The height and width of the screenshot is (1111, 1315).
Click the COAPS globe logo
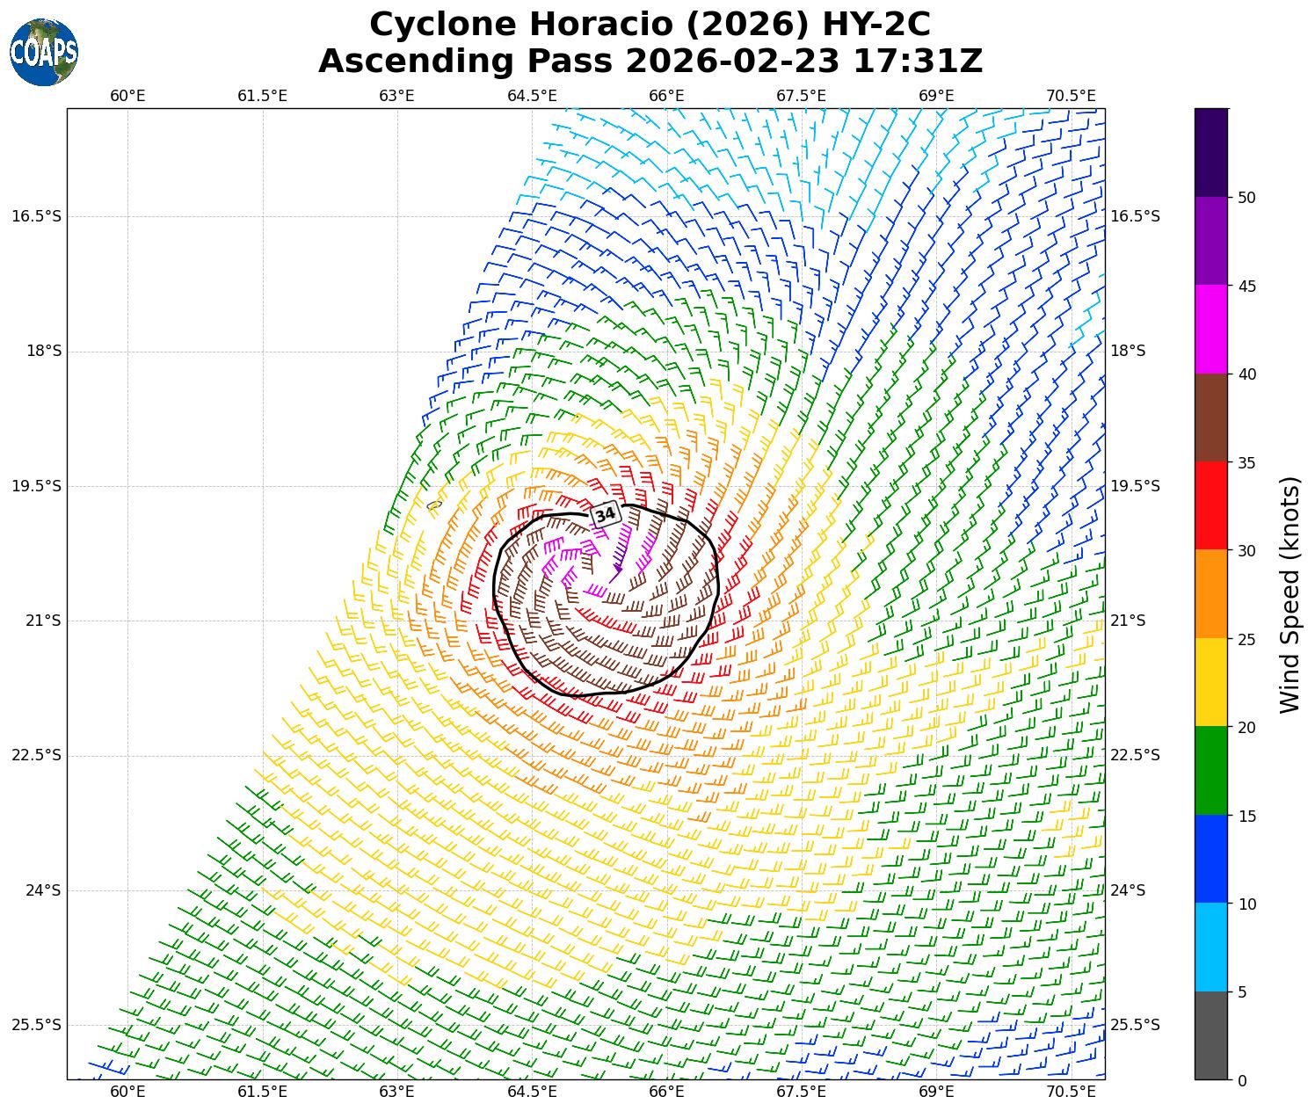click(44, 52)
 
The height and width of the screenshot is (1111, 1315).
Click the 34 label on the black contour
click(605, 514)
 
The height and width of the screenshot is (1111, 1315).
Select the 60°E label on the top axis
click(127, 95)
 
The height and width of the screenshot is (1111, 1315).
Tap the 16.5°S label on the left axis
click(37, 216)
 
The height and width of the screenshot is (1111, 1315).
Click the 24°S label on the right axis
click(1128, 890)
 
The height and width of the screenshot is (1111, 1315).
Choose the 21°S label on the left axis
click(43, 621)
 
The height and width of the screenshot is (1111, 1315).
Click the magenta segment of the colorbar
click(1211, 329)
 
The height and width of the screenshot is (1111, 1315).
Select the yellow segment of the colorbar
click(1211, 682)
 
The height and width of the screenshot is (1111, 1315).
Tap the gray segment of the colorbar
click(1211, 1035)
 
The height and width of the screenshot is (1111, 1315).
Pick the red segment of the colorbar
click(1211, 505)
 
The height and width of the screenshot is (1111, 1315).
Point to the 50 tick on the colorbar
click(1246, 197)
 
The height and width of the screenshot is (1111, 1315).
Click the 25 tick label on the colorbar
click(1246, 639)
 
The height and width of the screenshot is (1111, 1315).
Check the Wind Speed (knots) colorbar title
click(1289, 595)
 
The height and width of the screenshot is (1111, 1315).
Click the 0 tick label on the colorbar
click(1241, 1080)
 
